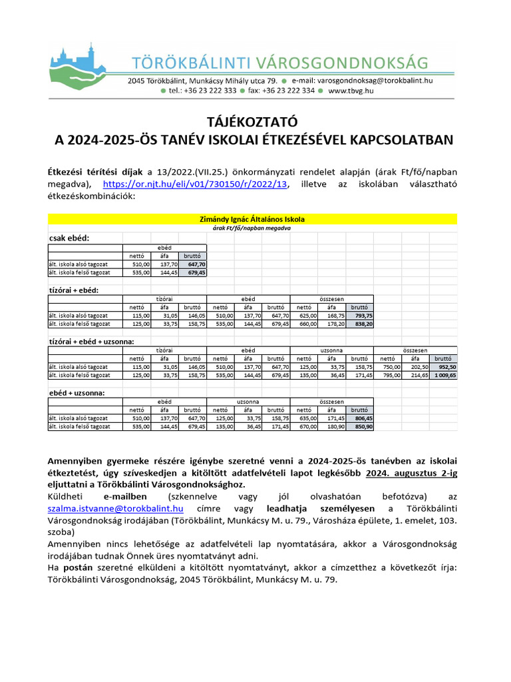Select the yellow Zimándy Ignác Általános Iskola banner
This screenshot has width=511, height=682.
coord(253,218)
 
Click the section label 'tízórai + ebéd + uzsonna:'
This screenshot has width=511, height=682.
coord(91,341)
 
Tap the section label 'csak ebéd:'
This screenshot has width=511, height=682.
coord(69,238)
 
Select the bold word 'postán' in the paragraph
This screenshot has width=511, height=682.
coord(79,567)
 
